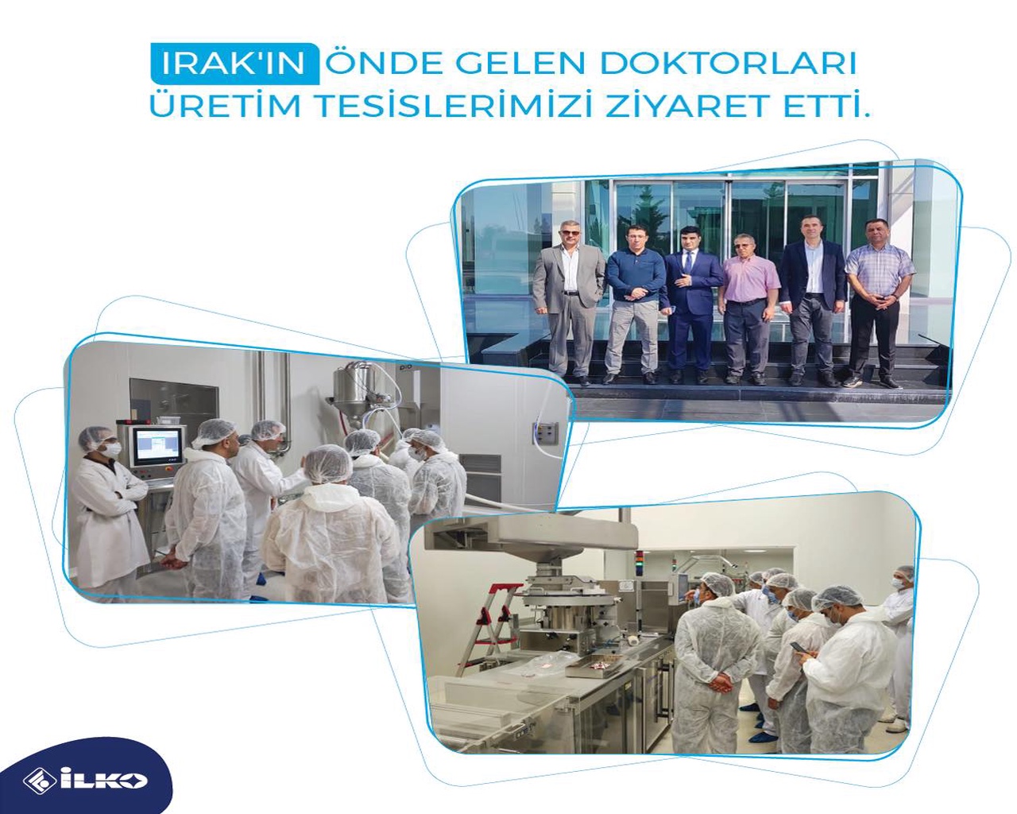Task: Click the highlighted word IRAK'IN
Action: point(234,64)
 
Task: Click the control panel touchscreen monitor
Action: point(157,446)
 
